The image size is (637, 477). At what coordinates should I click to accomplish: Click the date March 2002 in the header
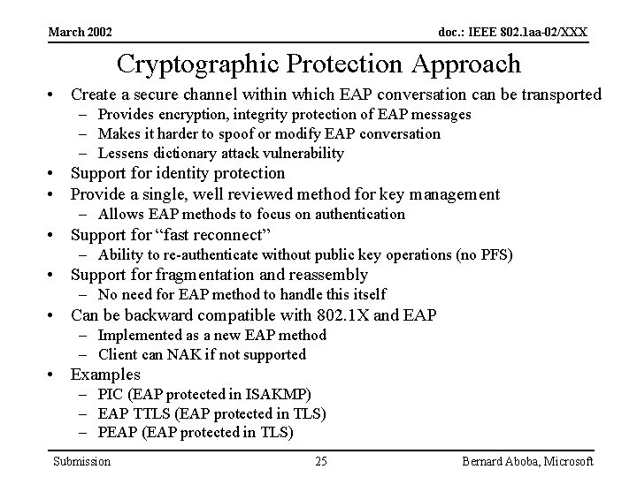pyautogui.click(x=81, y=32)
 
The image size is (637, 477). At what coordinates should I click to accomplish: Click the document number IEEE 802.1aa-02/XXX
pyautogui.click(x=513, y=33)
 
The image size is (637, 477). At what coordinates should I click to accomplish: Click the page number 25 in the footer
pyautogui.click(x=320, y=461)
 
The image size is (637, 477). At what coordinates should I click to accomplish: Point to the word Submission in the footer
pyautogui.click(x=81, y=461)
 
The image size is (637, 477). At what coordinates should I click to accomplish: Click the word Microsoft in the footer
pyautogui.click(x=563, y=461)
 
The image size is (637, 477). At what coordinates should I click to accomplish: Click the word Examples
pyautogui.click(x=105, y=375)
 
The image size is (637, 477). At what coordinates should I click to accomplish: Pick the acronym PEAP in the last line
pyautogui.click(x=118, y=433)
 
